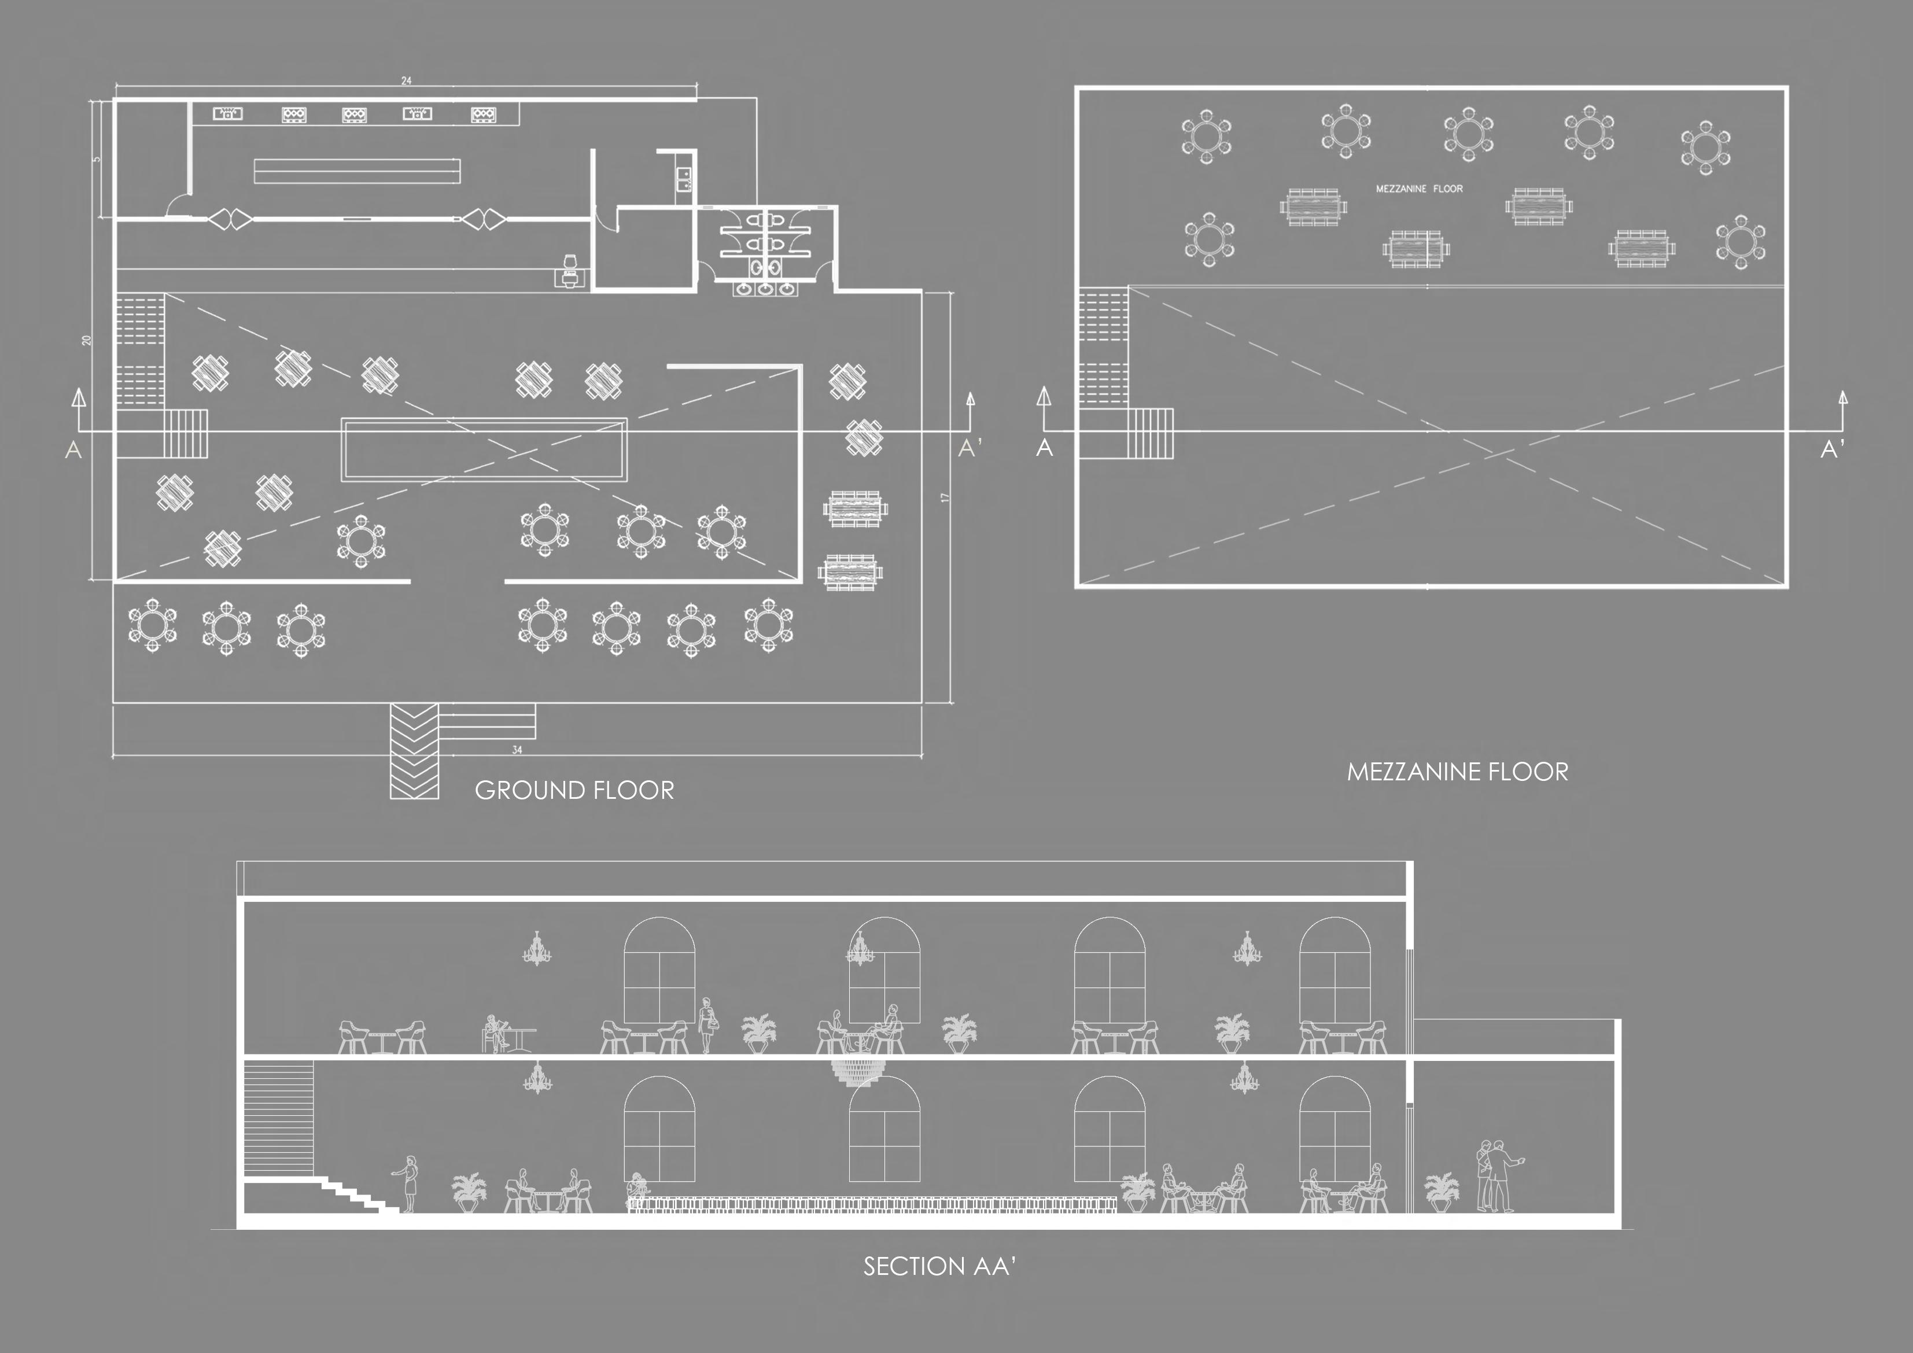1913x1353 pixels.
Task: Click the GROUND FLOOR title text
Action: (574, 790)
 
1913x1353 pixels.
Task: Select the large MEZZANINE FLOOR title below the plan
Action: (1457, 772)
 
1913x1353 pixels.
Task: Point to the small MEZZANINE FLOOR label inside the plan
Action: (1419, 189)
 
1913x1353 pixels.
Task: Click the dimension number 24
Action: (406, 81)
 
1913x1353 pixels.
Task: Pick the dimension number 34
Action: (517, 750)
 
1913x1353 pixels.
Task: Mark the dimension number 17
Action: (945, 497)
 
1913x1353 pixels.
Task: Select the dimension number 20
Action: (87, 340)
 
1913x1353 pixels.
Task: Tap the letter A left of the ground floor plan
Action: (73, 450)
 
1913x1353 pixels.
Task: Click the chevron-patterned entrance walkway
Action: (414, 751)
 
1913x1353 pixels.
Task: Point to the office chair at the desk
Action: (570, 265)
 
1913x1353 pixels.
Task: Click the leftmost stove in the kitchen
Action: (227, 113)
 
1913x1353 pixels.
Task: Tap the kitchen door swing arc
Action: (176, 205)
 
